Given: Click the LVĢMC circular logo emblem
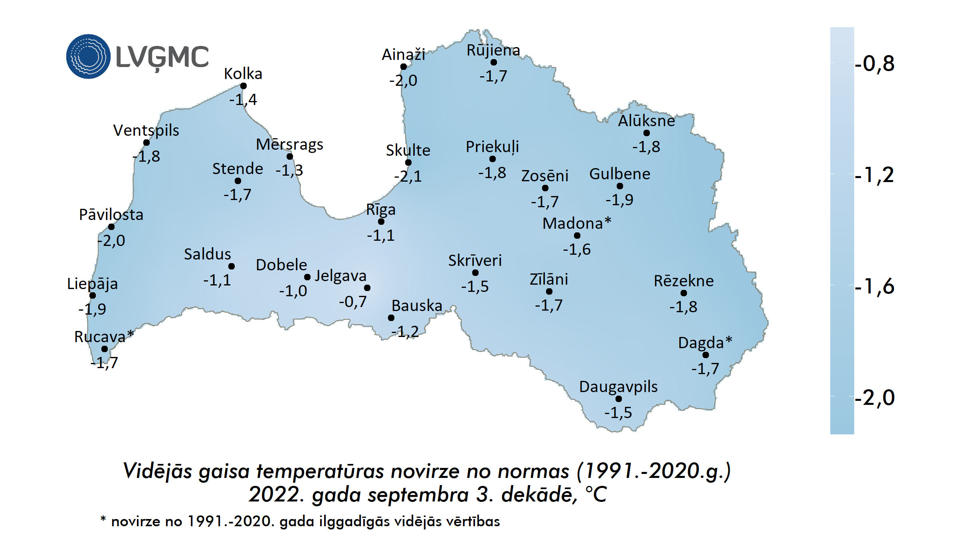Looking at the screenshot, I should [88, 56].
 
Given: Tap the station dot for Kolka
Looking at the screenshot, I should [243, 86].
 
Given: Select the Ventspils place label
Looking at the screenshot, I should [146, 130].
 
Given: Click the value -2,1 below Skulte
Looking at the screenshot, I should [408, 176].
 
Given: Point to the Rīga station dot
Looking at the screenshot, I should [381, 222].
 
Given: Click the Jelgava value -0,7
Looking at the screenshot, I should [353, 301].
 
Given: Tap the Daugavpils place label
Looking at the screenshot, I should [618, 386].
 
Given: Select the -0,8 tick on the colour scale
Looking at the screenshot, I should [874, 63].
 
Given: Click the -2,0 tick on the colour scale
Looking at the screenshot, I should [874, 397].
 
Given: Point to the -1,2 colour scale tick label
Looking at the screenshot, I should [874, 174].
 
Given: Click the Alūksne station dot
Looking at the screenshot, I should [647, 133].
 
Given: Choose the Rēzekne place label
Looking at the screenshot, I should [683, 281].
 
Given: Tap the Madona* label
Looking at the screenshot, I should [577, 223].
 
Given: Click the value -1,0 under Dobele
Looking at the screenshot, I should [293, 291].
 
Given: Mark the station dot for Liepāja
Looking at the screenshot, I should [93, 295].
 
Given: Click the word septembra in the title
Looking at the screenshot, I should [418, 495].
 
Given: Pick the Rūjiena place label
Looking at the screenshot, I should [493, 50].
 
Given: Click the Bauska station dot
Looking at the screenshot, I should [391, 318].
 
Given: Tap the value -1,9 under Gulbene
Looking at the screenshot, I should [620, 199].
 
